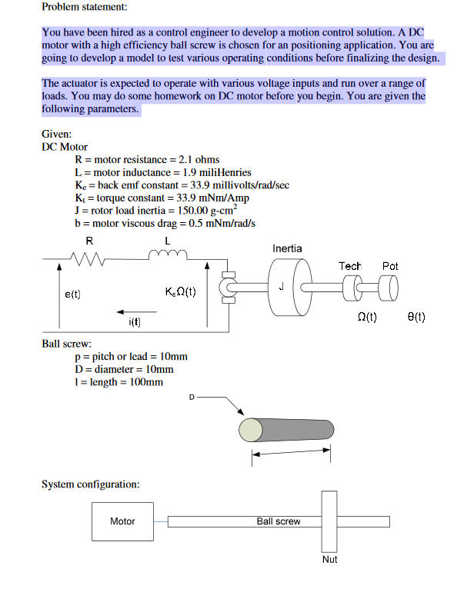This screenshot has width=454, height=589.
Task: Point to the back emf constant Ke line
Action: coord(182,185)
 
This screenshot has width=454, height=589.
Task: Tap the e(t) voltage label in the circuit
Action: coord(72,293)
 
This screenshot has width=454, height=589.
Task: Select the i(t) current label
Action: coord(135,322)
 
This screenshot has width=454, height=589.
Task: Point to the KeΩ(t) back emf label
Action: coord(180,293)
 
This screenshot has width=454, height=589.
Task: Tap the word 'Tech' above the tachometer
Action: coord(350,266)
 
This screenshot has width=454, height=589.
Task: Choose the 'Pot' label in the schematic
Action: coord(390,266)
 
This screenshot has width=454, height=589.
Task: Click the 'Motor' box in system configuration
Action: coord(123,521)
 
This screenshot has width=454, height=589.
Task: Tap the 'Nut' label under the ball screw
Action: coord(329,559)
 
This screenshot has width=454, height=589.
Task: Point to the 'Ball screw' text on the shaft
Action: coord(279,521)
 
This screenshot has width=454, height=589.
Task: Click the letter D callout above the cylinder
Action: coord(193,397)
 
